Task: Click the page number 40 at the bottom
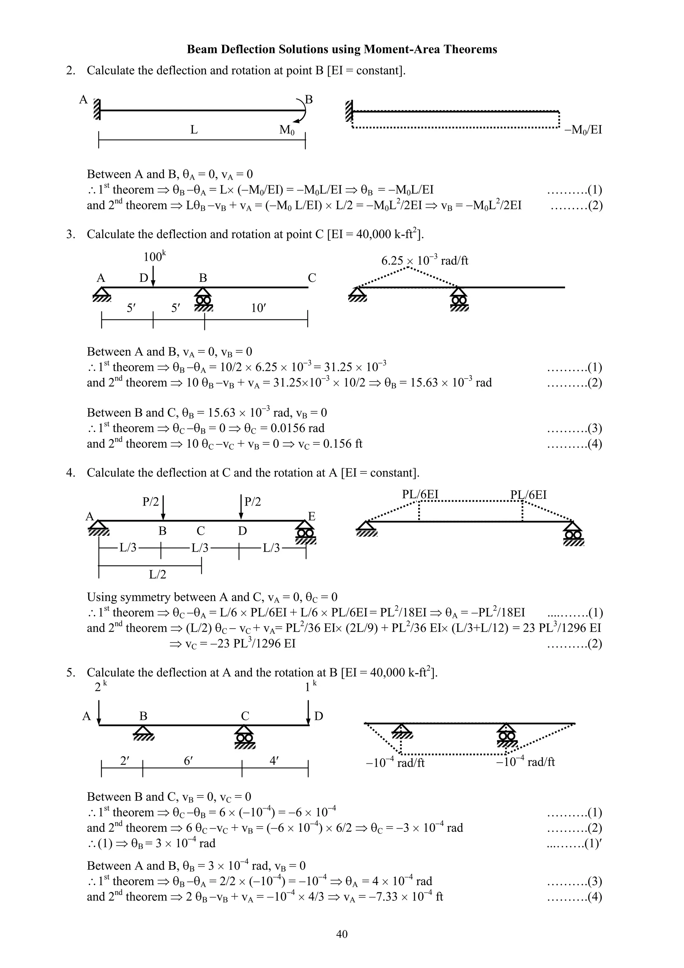[x=342, y=934]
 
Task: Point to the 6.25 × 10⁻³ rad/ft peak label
[x=424, y=260]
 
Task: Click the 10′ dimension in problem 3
[x=258, y=308]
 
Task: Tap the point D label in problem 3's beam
[x=144, y=278]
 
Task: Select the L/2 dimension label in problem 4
[x=158, y=574]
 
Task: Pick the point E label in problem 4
[x=312, y=517]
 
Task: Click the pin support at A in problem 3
[x=102, y=294]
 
